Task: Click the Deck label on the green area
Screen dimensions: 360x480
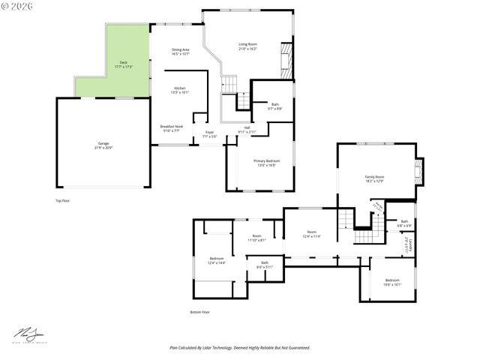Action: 123,64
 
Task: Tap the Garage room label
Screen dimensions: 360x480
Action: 103,145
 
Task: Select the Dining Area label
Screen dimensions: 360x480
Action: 180,52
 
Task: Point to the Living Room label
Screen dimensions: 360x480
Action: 248,46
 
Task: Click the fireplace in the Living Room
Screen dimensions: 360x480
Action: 285,59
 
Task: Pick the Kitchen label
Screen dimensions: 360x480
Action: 180,90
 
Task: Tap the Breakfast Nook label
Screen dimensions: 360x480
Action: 172,127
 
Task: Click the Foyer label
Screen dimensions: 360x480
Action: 209,133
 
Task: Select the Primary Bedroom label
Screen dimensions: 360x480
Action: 266,162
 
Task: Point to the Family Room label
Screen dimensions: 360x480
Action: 374,178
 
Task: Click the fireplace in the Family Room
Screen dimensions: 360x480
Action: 418,172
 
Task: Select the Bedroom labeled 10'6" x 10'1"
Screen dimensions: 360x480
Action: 392,282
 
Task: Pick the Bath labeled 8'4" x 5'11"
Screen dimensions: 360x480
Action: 264,264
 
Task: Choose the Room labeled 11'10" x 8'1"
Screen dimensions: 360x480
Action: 256,238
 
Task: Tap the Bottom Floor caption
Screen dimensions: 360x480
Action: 199,312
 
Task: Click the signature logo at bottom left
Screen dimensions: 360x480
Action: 28,334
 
